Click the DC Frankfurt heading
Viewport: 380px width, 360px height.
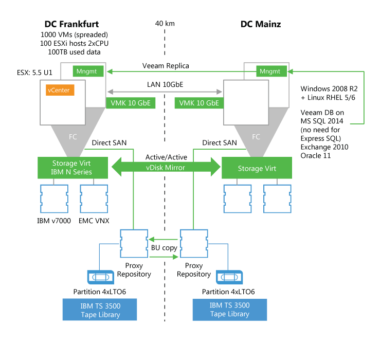click(71, 24)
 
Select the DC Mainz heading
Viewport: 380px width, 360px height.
click(261, 24)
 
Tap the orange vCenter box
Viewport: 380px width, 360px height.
click(60, 89)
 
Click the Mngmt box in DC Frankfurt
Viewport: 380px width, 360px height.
click(89, 71)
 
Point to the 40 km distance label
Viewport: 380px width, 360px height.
click(165, 24)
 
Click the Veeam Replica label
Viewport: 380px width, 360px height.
click(166, 66)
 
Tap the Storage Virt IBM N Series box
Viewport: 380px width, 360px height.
click(72, 168)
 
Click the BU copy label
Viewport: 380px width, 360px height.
click(164, 248)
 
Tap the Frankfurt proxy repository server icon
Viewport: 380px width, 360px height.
click(134, 243)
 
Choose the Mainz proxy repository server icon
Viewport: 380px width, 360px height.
click(194, 243)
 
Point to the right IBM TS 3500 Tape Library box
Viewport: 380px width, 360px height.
click(229, 310)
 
